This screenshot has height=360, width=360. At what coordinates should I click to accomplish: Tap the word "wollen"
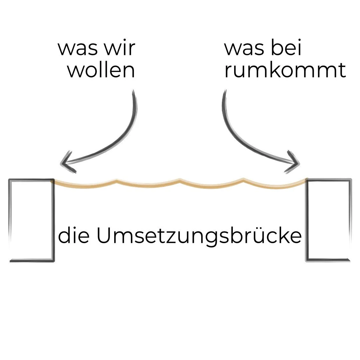click(x=102, y=71)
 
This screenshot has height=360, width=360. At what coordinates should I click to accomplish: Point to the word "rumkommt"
click(x=285, y=71)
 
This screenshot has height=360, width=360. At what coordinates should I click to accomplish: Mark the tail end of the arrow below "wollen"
click(x=133, y=92)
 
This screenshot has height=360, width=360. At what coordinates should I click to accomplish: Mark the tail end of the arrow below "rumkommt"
click(x=225, y=92)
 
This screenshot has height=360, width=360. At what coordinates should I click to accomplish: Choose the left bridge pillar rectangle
click(x=32, y=220)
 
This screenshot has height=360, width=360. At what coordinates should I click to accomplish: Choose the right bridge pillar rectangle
click(x=328, y=220)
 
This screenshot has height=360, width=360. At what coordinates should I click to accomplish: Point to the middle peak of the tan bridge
click(x=180, y=180)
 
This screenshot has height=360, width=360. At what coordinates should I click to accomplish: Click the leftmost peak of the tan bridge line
click(x=117, y=181)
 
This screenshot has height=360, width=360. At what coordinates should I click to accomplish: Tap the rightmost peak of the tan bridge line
click(x=243, y=179)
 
